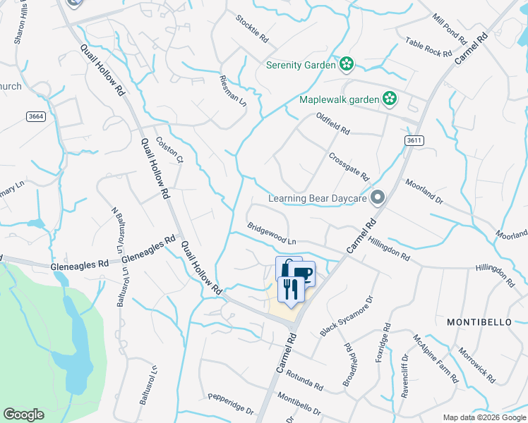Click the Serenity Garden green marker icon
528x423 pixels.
[346, 66]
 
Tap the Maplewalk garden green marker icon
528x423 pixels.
[389, 99]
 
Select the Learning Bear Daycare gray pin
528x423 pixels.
[378, 198]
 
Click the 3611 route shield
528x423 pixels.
[415, 141]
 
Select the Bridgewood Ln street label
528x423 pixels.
[271, 234]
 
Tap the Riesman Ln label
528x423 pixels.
[233, 91]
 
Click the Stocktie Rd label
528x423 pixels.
[252, 27]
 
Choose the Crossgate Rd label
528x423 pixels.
[349, 165]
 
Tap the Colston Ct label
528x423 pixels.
[169, 149]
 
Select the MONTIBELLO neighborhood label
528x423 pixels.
[479, 321]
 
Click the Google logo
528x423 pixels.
[24, 415]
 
